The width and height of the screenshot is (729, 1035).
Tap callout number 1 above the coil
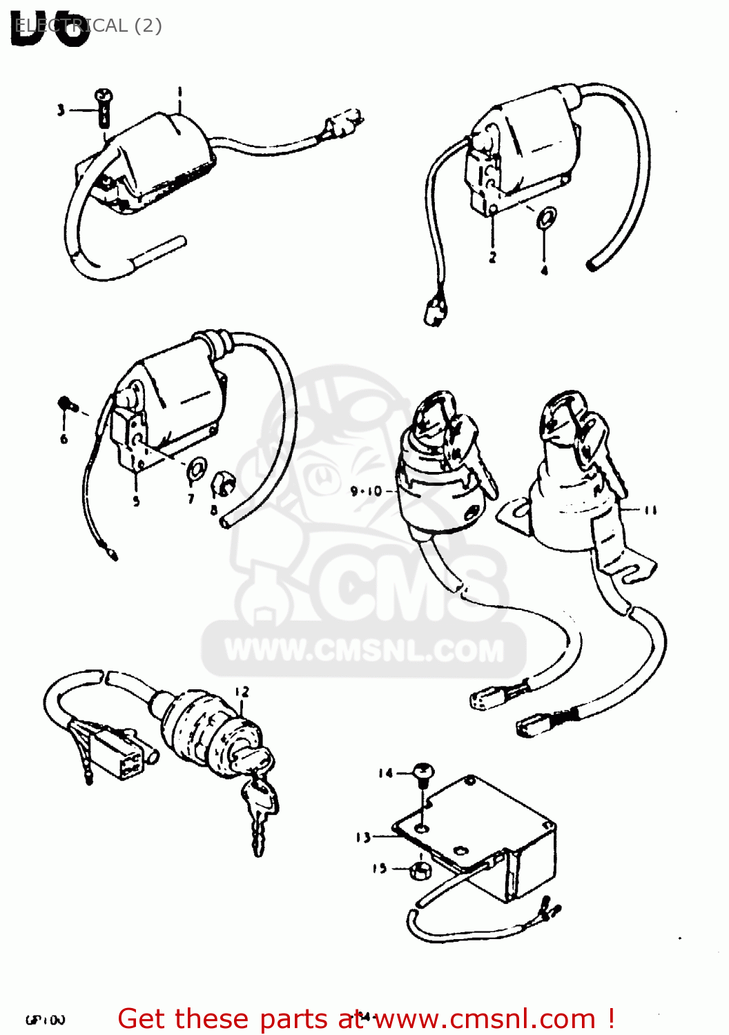[179, 91]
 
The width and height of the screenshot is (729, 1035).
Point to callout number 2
[492, 257]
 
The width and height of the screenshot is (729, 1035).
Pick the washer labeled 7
[195, 469]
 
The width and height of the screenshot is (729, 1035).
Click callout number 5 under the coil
[136, 502]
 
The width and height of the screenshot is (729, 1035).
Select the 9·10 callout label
[366, 491]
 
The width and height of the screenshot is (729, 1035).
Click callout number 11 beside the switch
[650, 511]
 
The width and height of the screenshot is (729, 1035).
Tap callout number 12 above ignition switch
[242, 691]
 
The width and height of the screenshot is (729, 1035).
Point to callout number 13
[363, 838]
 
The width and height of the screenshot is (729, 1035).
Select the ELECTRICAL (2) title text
[88, 26]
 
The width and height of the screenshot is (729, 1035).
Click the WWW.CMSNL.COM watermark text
[364, 651]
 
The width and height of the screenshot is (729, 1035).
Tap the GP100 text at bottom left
[46, 1020]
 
